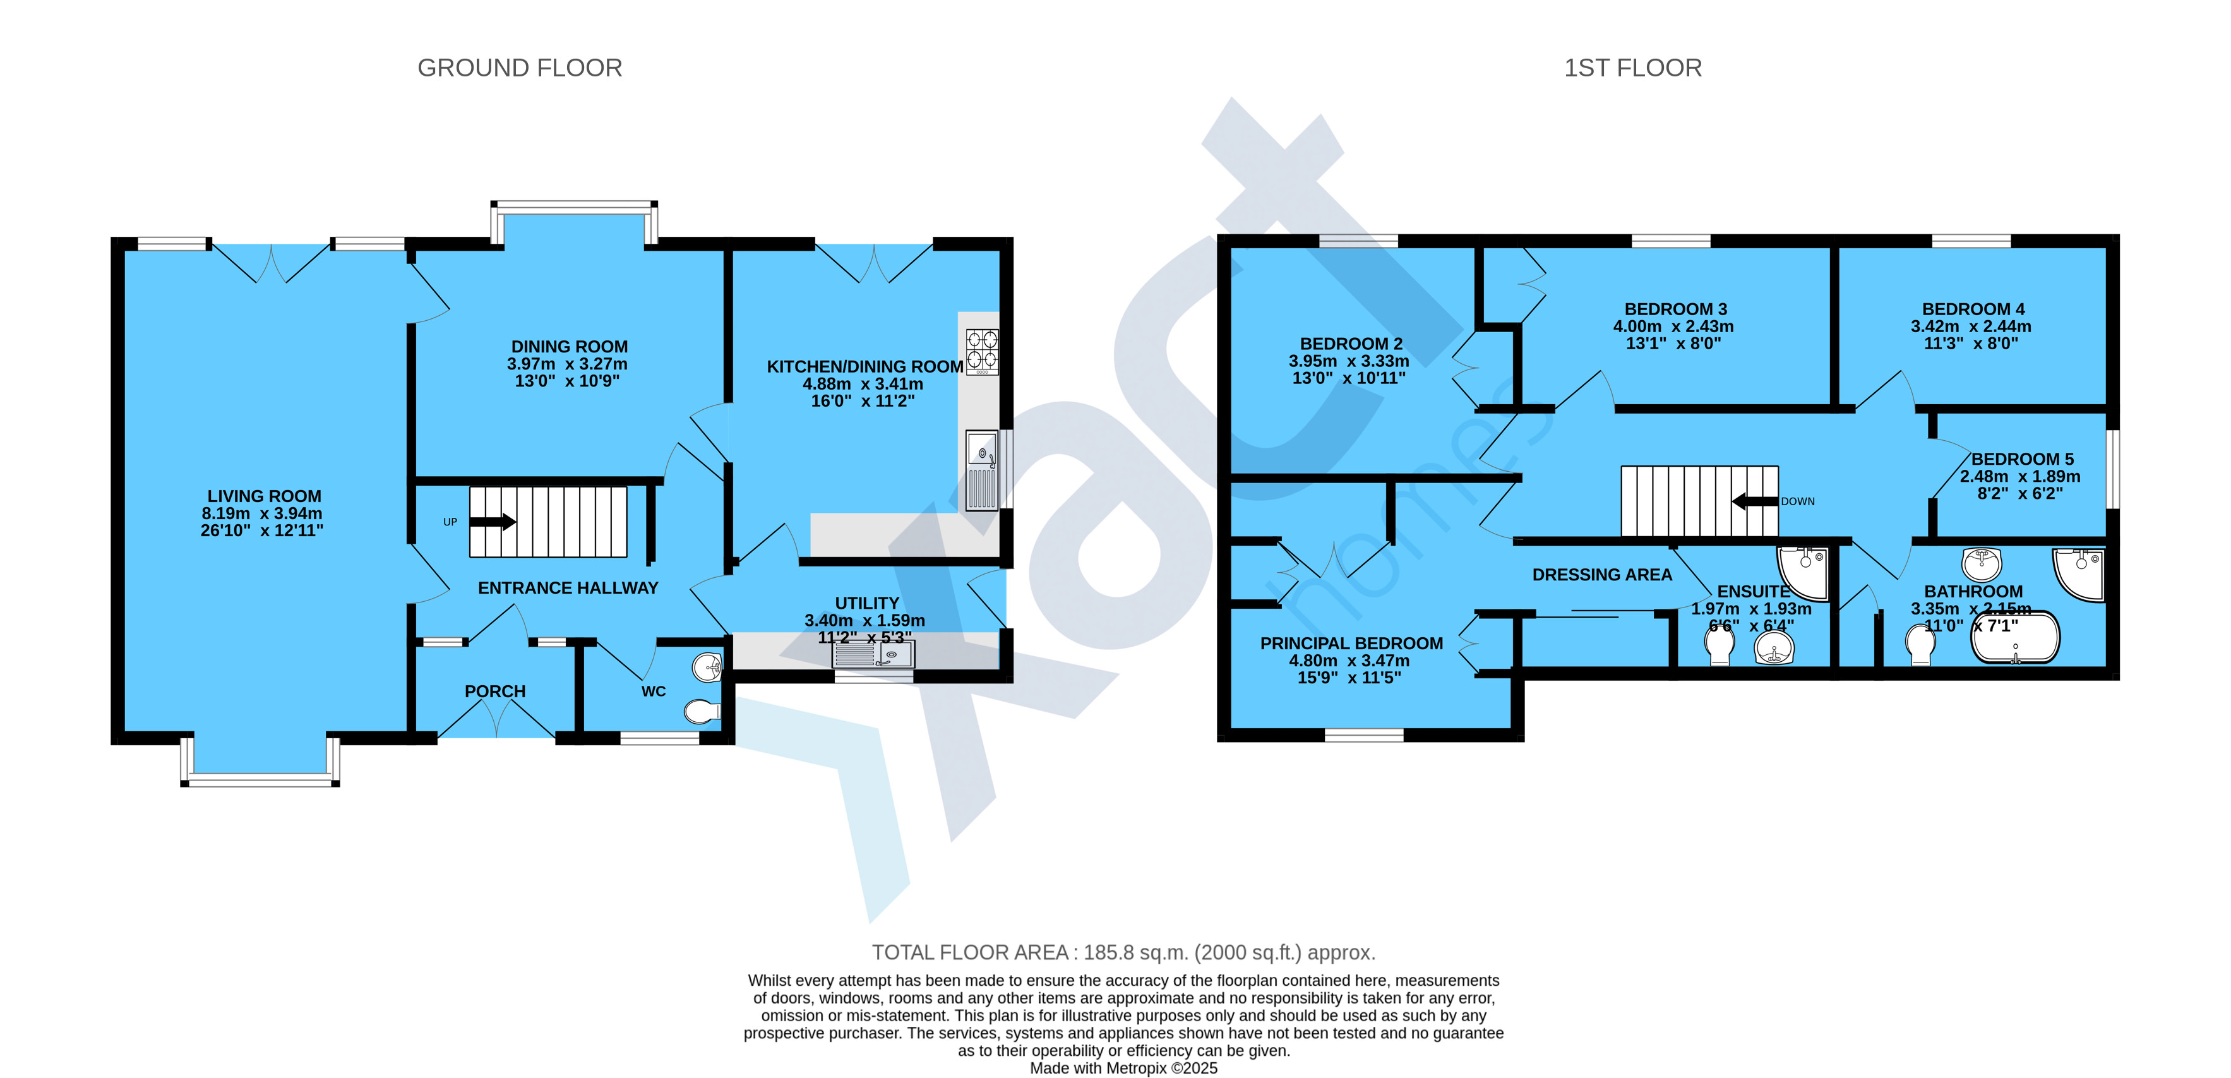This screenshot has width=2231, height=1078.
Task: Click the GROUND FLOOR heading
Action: tap(520, 68)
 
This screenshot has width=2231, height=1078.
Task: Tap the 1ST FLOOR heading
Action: tap(1632, 68)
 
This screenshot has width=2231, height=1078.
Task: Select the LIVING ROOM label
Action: tap(264, 496)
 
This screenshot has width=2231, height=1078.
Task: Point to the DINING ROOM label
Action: tap(569, 346)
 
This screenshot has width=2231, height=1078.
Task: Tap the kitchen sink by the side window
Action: tap(982, 471)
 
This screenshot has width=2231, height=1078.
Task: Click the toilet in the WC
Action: tap(702, 712)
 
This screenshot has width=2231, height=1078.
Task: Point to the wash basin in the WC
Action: tap(708, 667)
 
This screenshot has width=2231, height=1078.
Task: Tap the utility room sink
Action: tap(873, 654)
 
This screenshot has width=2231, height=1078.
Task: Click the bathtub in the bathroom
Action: tap(2014, 638)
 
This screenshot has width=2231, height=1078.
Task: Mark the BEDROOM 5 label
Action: tap(2022, 459)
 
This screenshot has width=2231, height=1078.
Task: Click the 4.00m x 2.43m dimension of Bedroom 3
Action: tap(1673, 326)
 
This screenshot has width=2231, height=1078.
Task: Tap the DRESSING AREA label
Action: tap(1602, 575)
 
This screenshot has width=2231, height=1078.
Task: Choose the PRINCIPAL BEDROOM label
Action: tap(1351, 644)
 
